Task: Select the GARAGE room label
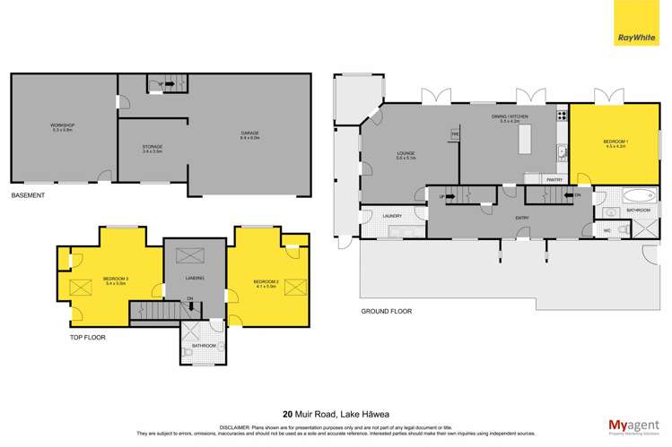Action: [249, 133]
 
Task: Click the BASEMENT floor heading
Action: [28, 194]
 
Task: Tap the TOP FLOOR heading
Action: [88, 339]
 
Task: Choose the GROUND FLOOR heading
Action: [387, 312]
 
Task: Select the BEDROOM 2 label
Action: [266, 283]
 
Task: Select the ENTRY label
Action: [521, 218]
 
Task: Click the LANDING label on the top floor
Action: [195, 279]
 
